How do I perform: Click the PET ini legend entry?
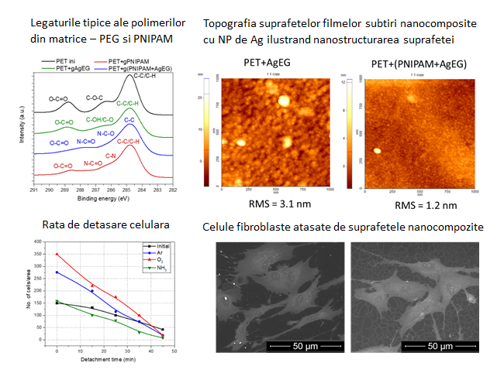pyautogui.click(x=66, y=60)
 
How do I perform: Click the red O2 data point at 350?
pyautogui.click(x=56, y=254)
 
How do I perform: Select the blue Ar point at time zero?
pyautogui.click(x=56, y=272)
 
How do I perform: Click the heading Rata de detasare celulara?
pyautogui.click(x=91, y=225)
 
